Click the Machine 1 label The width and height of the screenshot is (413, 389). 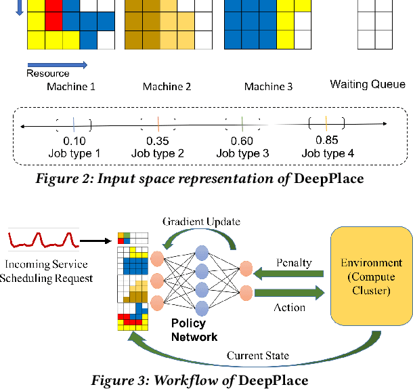point(71,87)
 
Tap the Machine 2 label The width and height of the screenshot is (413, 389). point(167,87)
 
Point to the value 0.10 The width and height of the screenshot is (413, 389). point(74,141)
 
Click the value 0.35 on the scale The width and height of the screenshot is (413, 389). point(158,141)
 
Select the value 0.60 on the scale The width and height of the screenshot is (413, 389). point(242,141)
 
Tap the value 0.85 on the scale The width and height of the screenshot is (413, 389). point(327,140)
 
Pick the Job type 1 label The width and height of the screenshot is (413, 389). point(74,153)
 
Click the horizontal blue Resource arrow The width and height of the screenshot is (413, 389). point(57,64)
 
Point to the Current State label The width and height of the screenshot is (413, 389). point(258,356)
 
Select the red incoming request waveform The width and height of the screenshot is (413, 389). point(39,241)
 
